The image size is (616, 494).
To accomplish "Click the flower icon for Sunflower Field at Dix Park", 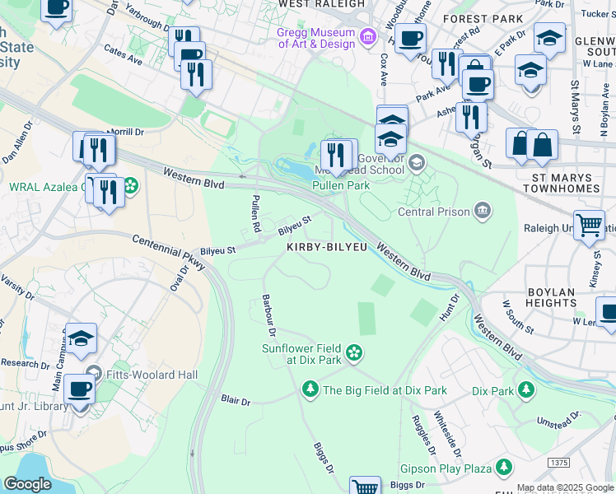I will pos(354,353).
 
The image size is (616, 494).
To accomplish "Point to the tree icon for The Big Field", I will pos(310,389).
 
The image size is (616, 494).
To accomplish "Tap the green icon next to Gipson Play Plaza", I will pos(504,468).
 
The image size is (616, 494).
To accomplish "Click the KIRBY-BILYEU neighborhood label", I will pos(326,247).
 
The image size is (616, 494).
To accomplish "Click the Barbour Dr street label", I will pos(268,315).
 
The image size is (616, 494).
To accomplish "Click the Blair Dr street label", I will pos(236,401).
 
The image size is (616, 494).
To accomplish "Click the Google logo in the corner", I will pos(27,484).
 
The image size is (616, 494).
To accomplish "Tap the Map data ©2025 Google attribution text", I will pos(564,487).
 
